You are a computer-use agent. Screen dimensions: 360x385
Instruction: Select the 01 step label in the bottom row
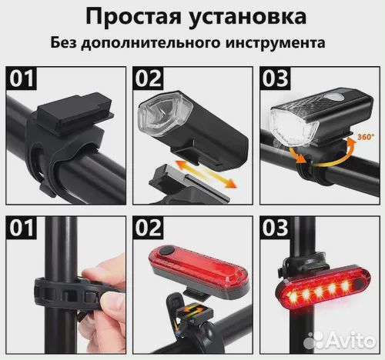tap(22, 228)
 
